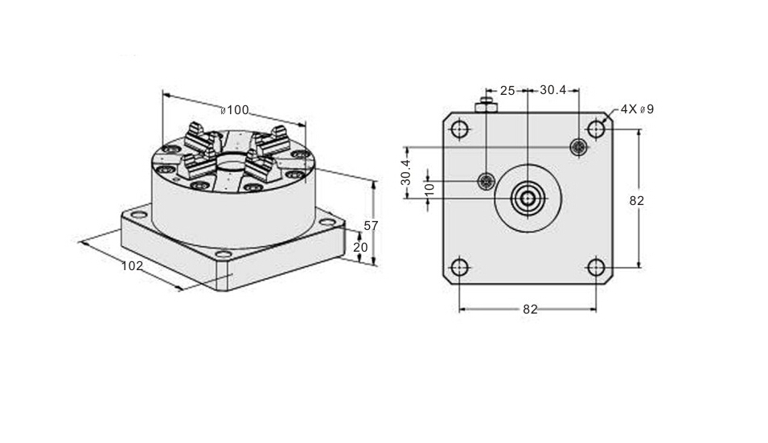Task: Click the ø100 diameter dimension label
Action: tap(235, 110)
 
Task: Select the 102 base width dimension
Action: tap(132, 266)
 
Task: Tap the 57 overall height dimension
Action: tap(371, 226)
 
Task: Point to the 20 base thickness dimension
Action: tap(360, 247)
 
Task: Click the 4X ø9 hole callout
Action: tap(637, 109)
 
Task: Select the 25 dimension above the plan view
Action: tap(507, 91)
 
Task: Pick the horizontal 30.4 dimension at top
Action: tap(553, 90)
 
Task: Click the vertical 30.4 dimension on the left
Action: tap(405, 172)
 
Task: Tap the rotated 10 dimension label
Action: tap(429, 190)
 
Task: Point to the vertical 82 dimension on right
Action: tap(637, 201)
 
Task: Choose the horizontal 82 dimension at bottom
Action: tap(530, 310)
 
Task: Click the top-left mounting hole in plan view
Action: tap(459, 129)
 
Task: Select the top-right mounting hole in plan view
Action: tap(596, 129)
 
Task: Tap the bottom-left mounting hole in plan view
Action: tap(459, 268)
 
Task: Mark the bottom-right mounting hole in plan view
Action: tap(596, 268)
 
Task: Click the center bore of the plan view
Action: tap(528, 199)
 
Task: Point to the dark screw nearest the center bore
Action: tap(486, 181)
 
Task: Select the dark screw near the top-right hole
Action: tap(579, 147)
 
